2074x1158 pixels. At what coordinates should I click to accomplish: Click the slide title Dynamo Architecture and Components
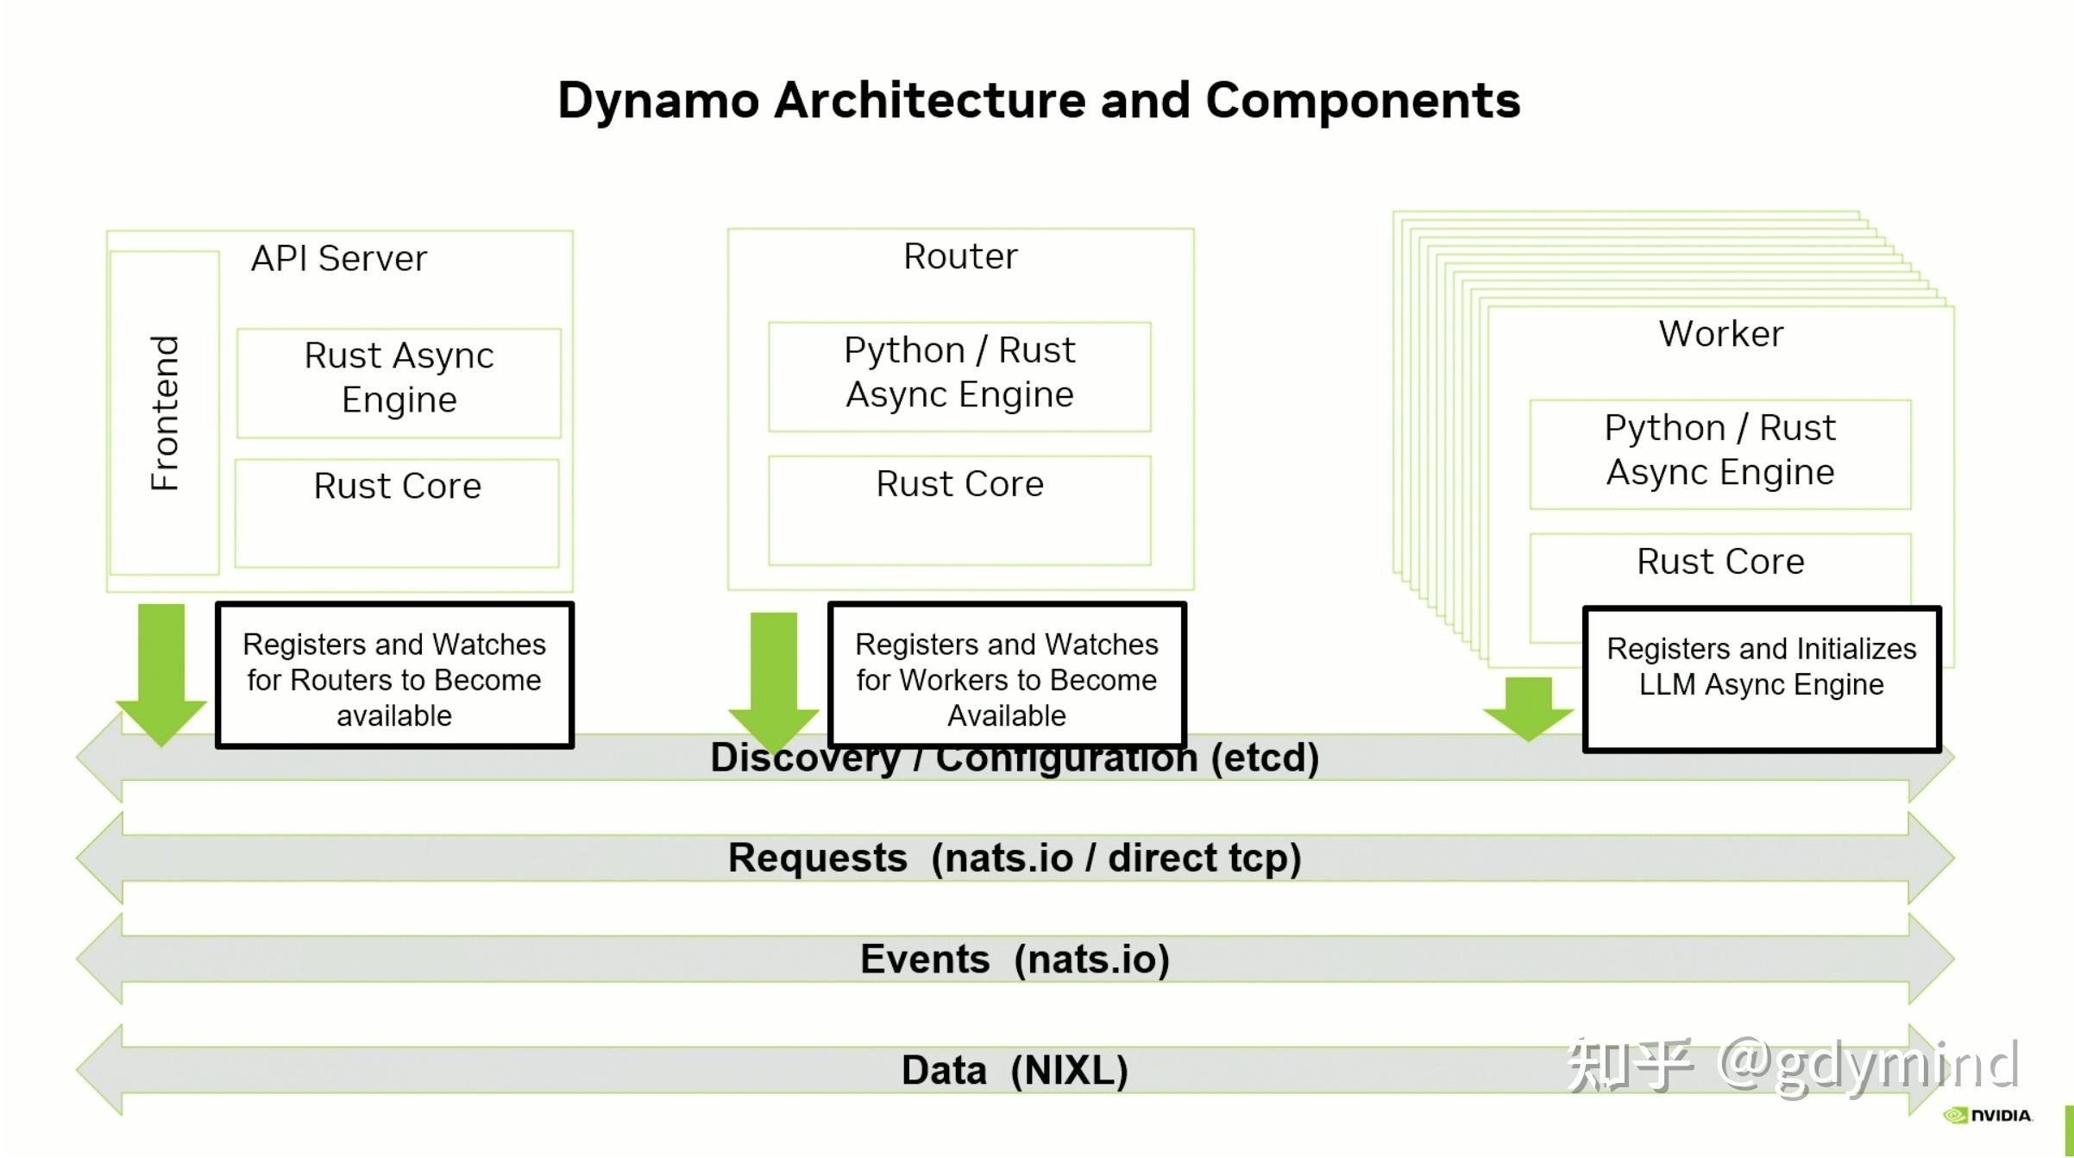pos(1039,101)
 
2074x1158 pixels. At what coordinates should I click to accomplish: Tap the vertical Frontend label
pos(164,412)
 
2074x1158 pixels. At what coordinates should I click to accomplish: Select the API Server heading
pos(339,259)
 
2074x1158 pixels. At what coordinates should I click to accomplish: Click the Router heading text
pos(960,256)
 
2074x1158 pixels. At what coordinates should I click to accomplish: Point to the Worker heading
pos(1720,334)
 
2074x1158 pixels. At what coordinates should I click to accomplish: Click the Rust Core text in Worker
pos(1720,562)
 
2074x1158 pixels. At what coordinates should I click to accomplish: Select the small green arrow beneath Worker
pos(1528,708)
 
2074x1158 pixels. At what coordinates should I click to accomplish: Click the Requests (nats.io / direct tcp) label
pos(1015,858)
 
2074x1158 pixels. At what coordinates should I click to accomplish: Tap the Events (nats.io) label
pos(1015,959)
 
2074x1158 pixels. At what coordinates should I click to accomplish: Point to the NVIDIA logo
pos(1988,1116)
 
